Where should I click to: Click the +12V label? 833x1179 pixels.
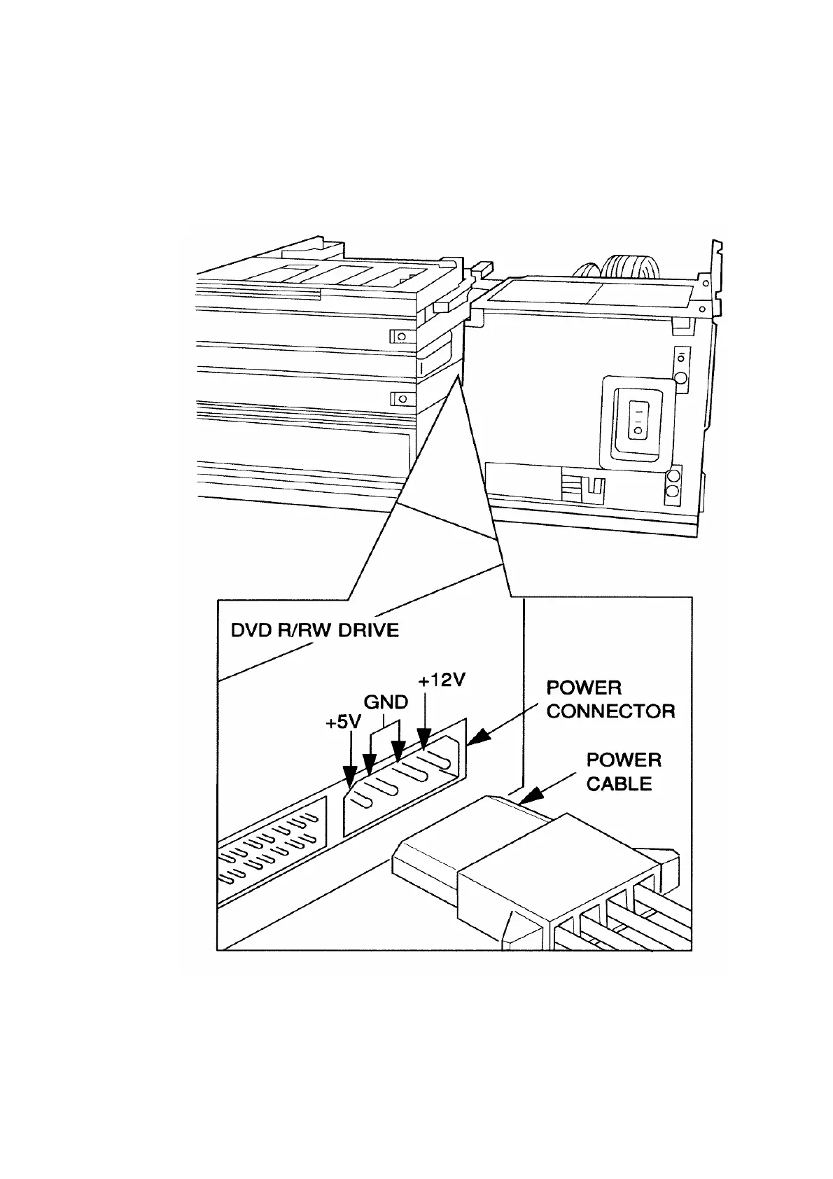coord(442,680)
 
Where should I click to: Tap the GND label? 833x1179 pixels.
coord(386,702)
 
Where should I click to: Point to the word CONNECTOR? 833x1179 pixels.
coord(610,712)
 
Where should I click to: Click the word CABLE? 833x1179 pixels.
coord(619,783)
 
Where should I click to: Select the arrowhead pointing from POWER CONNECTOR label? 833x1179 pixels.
coord(477,739)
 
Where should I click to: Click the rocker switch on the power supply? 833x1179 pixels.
coord(638,419)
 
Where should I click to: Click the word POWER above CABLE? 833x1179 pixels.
coord(624,760)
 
